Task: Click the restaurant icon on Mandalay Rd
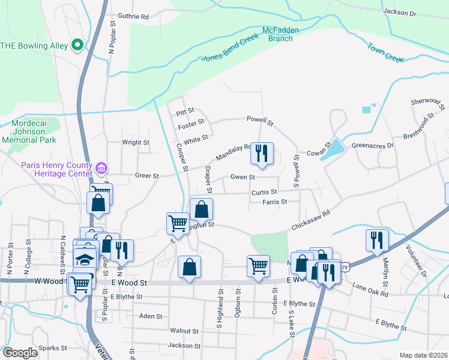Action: coord(261,154)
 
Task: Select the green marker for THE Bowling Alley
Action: coord(77,45)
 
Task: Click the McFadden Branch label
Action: coord(277,34)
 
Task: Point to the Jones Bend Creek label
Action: coord(230,47)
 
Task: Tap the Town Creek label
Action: coord(386,52)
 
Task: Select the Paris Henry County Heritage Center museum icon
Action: coord(101,166)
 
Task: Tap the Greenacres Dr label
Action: coord(372,145)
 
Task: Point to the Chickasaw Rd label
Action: coord(312,221)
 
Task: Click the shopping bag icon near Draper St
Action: coord(202,209)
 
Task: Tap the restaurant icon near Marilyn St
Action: coord(377,239)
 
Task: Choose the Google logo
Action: coord(20,352)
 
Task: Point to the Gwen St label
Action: coord(243,177)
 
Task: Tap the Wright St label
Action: coord(136,143)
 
